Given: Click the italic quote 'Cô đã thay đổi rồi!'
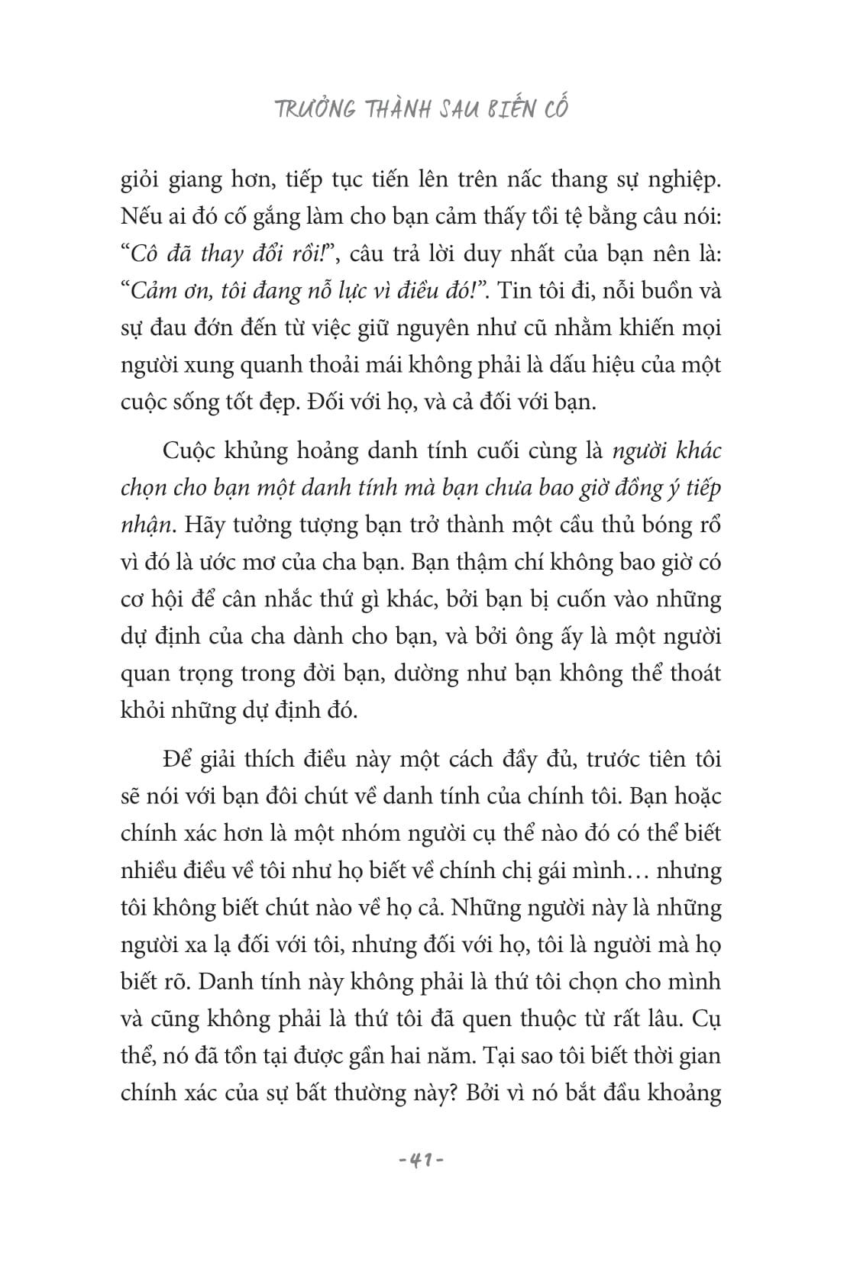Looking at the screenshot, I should [229, 254].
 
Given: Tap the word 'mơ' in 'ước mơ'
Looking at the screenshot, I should [288, 563].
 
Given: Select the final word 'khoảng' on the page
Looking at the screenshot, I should [684, 1094].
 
